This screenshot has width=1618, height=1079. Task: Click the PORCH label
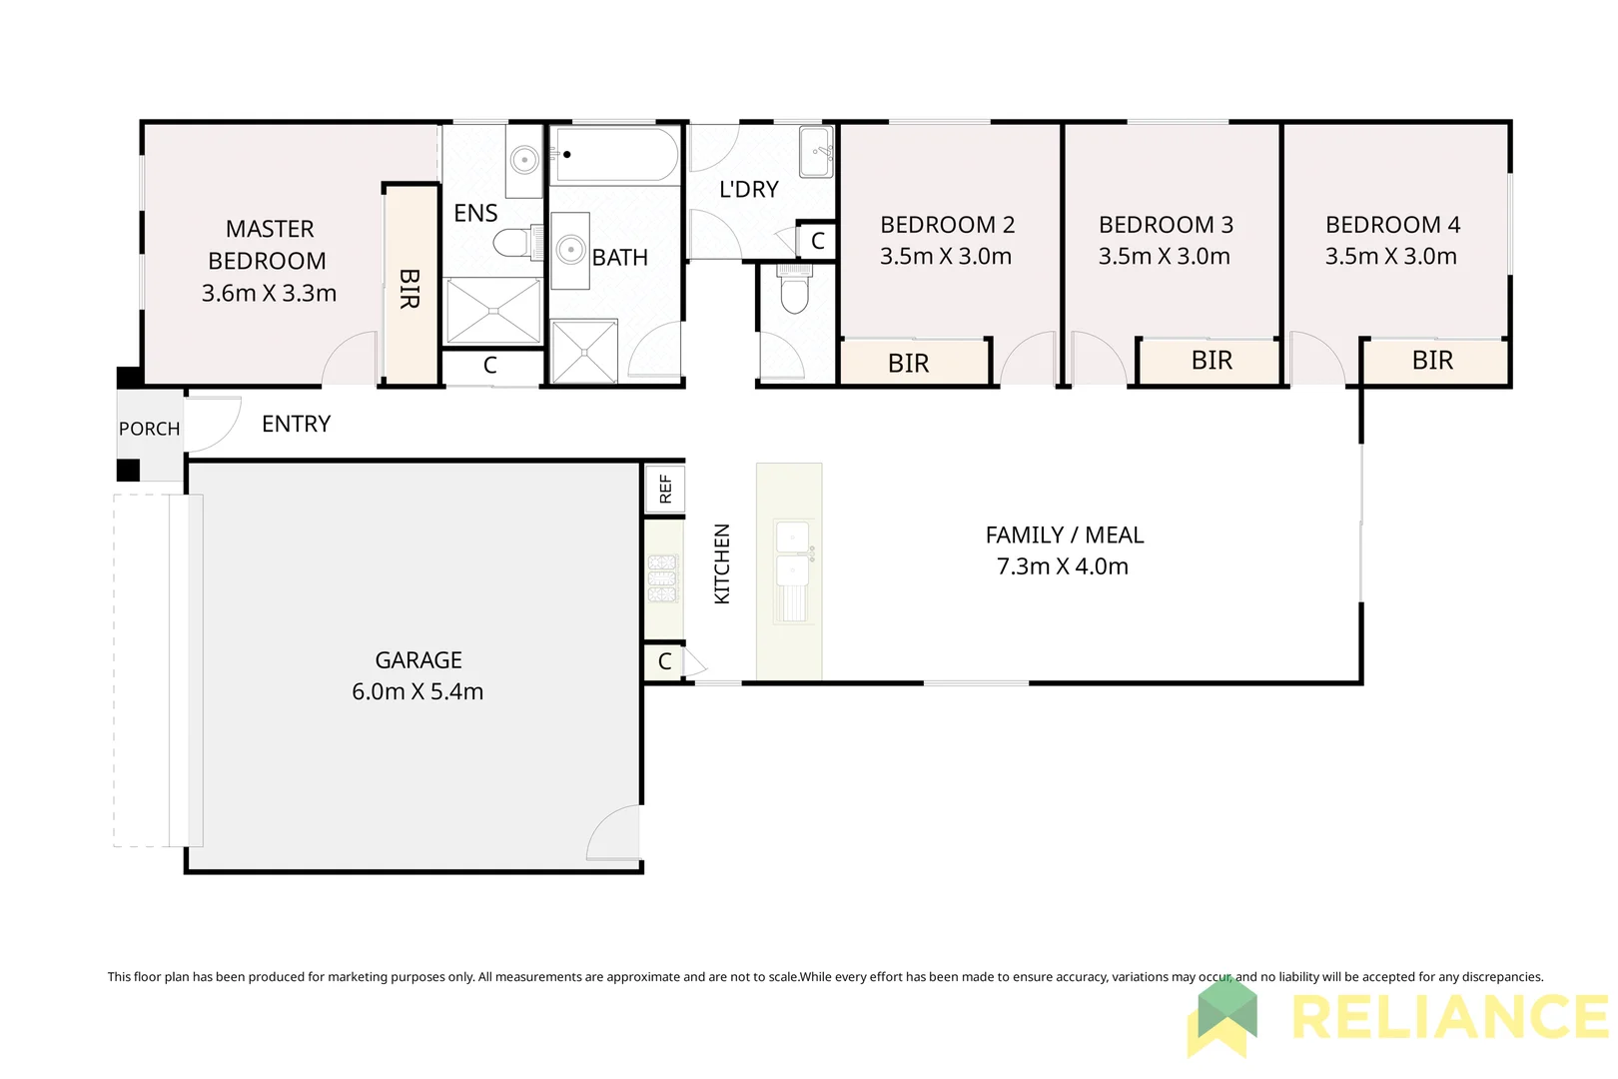coord(149,429)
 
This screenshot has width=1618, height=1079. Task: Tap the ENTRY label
coord(296,424)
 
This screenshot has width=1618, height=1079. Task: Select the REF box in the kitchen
coord(665,489)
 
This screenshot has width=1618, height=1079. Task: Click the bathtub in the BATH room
coord(614,155)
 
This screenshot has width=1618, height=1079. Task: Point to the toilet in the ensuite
coord(515,243)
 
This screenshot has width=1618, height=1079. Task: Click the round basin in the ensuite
coord(523,159)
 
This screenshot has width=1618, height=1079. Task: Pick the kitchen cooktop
coord(662,578)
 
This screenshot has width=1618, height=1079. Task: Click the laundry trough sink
coord(816,152)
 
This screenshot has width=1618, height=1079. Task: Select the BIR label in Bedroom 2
coord(908,364)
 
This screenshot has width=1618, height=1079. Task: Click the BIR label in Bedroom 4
coord(1432,361)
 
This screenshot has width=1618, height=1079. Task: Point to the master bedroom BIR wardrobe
coord(410,287)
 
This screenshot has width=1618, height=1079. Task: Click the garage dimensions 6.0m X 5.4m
coord(417,691)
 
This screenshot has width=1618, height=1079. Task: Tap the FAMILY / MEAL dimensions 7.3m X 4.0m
coord(1063,566)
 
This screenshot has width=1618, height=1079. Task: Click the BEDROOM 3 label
coord(1166,225)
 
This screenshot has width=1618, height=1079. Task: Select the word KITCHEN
coord(722,563)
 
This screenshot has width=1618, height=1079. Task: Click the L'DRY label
coord(748,189)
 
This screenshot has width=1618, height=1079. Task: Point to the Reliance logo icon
coord(1222,1017)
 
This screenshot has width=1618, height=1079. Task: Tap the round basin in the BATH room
coord(570,250)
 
